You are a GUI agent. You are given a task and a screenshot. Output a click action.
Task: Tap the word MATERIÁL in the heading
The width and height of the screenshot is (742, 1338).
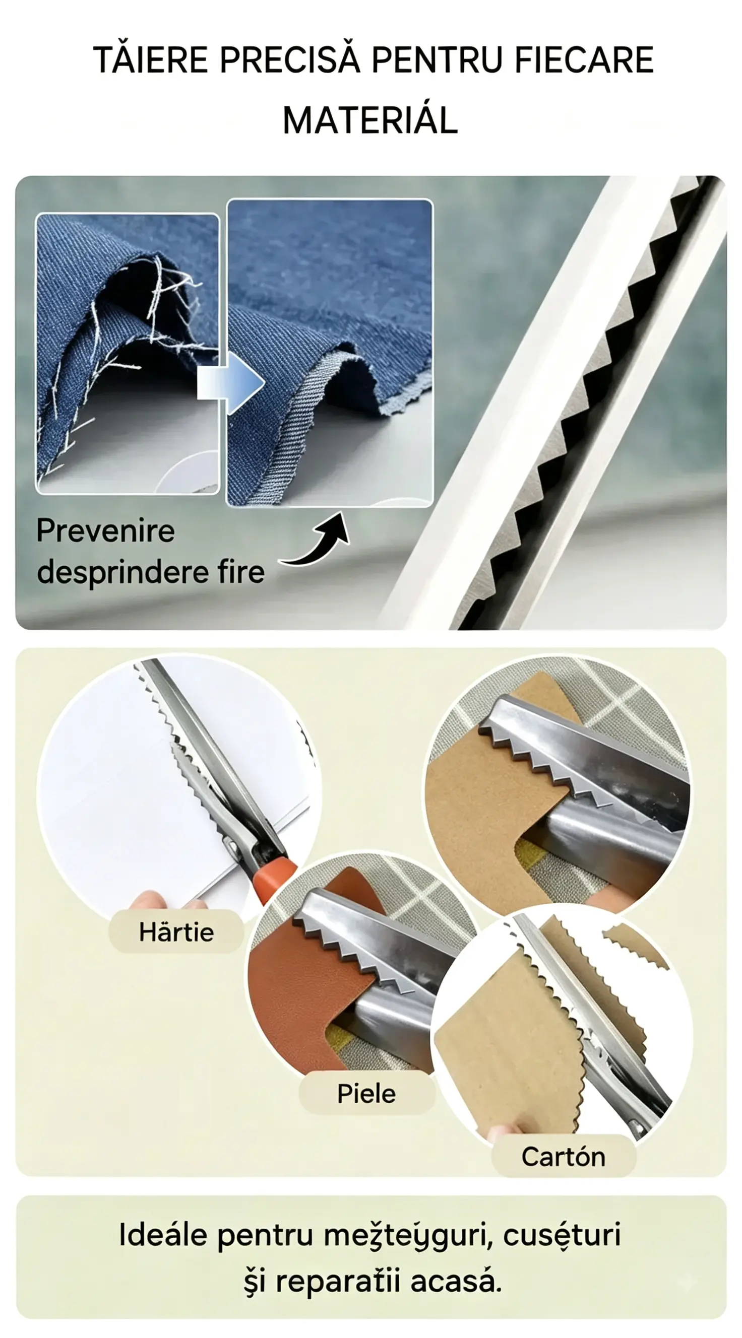pyautogui.click(x=370, y=119)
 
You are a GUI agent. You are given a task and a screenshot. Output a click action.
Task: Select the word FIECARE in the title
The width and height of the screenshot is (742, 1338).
pyautogui.click(x=584, y=60)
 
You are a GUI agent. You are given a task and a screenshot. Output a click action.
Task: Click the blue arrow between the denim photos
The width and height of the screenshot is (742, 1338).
pyautogui.click(x=231, y=383)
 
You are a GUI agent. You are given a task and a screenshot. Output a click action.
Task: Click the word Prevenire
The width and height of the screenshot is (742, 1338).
pyautogui.click(x=105, y=531)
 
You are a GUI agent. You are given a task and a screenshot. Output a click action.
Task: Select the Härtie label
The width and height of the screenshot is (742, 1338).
pyautogui.click(x=176, y=932)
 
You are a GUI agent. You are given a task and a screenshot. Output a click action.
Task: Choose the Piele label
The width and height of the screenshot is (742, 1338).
pyautogui.click(x=366, y=1093)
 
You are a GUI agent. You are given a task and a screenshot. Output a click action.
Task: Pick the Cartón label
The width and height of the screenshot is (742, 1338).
pyautogui.click(x=564, y=1157)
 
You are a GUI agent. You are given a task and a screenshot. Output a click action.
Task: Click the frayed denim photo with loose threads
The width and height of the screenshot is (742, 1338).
pyautogui.click(x=128, y=354)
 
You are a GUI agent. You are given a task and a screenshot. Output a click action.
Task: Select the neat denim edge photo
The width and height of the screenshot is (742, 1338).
pyautogui.click(x=330, y=353)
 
